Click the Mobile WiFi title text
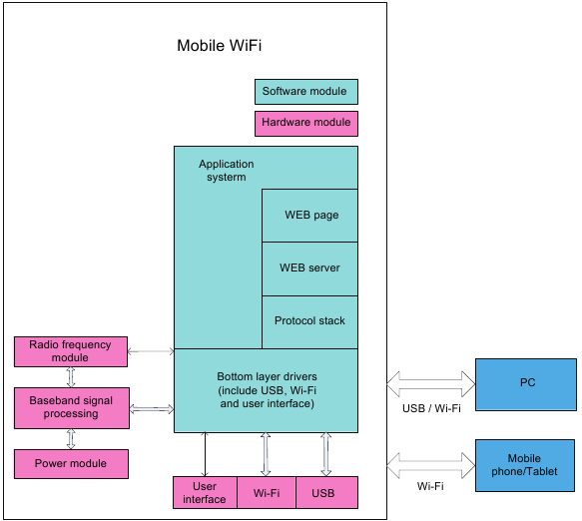point(219,46)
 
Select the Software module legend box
point(305,92)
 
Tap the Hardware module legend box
point(305,123)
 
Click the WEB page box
point(310,215)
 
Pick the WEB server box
point(309,267)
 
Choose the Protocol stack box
point(309,321)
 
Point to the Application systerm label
point(226,171)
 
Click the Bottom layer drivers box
point(266,390)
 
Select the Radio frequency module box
point(71,350)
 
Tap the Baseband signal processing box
point(71,407)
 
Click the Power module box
point(71,463)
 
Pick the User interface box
point(205,492)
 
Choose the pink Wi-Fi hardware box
point(266,492)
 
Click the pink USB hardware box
point(326,492)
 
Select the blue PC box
point(527,383)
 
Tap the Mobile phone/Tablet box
point(527,464)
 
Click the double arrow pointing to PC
point(431,380)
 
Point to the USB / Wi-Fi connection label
point(429,406)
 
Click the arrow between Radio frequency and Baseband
point(71,376)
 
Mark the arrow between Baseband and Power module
point(71,439)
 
